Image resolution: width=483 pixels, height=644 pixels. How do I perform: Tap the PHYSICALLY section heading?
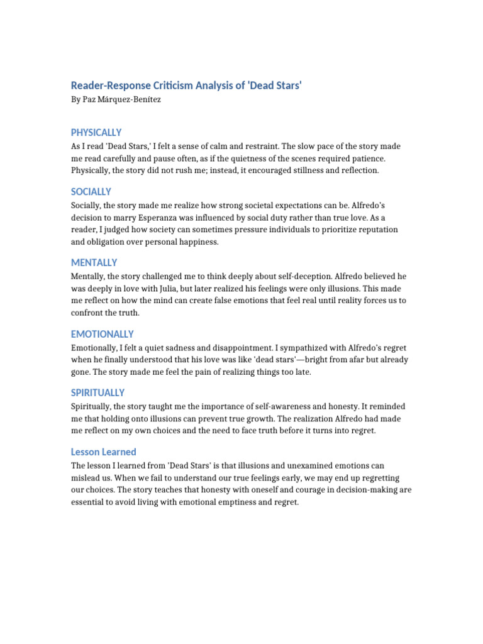point(96,133)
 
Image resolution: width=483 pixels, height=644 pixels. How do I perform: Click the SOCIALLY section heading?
point(91,192)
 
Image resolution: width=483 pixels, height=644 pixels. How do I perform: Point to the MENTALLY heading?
point(94,263)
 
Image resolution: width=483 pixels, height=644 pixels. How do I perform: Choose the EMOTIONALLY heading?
point(103,335)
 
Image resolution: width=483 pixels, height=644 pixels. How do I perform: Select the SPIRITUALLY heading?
point(98,393)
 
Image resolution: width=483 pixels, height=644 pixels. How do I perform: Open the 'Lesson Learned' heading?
point(104,452)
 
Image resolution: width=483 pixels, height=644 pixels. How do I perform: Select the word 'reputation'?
point(376,230)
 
